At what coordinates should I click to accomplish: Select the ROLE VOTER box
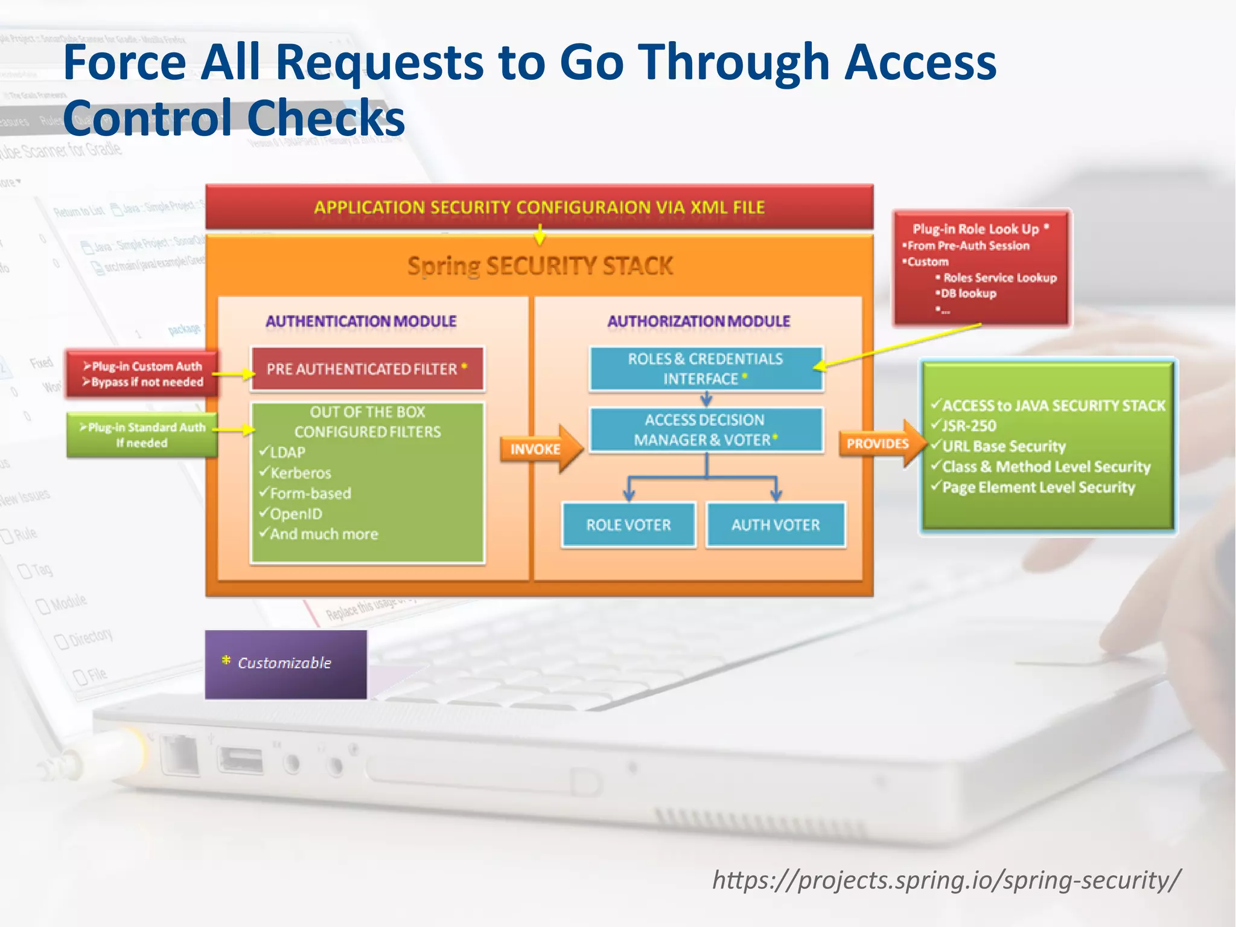coord(628,525)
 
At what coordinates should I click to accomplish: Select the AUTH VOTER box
coord(776,525)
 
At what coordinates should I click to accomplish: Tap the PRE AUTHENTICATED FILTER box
coord(367,369)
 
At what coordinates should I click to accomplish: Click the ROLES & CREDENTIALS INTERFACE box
coord(706,369)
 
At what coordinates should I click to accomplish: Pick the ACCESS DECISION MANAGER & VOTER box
coord(706,430)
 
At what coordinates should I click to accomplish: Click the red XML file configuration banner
coord(539,207)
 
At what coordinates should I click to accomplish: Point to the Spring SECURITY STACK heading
coord(540,266)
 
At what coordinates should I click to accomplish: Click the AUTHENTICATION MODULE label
coord(361,321)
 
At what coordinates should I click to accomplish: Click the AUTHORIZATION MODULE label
coord(698,321)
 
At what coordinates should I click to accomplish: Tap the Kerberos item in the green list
coord(301,473)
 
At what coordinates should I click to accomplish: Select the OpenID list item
coord(296,514)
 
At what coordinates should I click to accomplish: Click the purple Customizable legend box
coord(285,664)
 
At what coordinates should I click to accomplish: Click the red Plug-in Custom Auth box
coord(142,374)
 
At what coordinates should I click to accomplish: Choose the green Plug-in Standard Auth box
coord(142,435)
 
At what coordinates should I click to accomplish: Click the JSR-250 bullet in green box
coord(969,426)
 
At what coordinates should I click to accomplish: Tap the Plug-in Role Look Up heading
coord(976,229)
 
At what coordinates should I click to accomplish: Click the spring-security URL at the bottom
coord(946,880)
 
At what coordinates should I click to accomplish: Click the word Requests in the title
coord(380,62)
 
